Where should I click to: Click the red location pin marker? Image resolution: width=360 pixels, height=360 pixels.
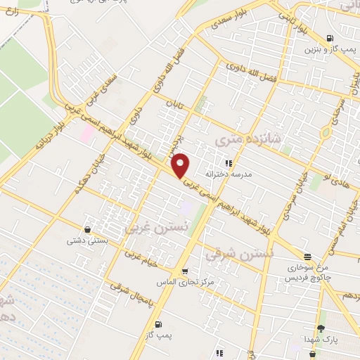click(181, 165)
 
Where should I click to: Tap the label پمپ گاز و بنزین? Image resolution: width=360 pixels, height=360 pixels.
click(328, 50)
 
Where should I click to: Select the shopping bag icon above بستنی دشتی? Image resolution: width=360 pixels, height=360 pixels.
click(87, 229)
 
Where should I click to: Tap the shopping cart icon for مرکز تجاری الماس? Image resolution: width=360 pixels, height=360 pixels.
click(184, 271)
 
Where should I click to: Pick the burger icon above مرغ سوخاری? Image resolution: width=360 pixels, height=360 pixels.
click(307, 255)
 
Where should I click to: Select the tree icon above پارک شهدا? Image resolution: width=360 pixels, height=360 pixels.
click(321, 328)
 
